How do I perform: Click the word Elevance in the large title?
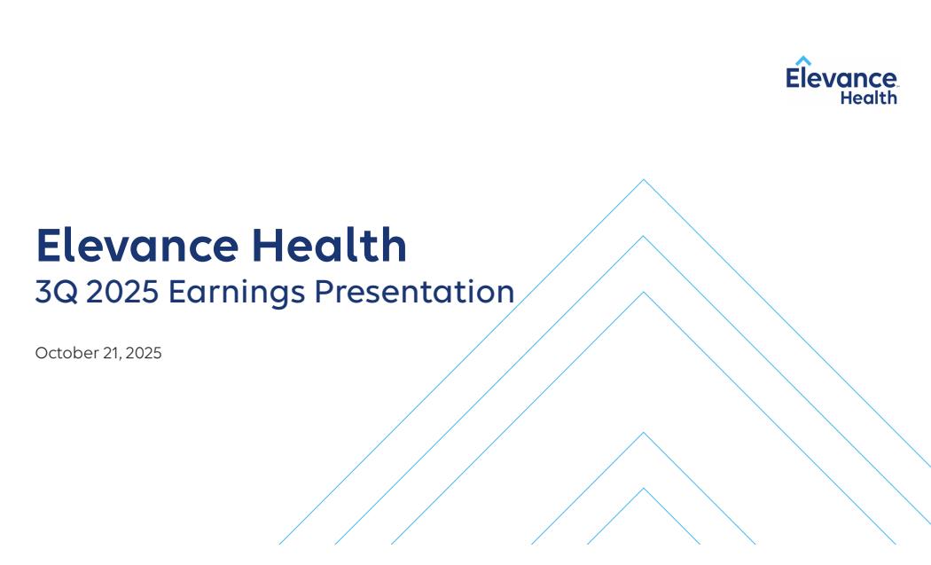pos(137,245)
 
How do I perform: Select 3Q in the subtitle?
pos(57,292)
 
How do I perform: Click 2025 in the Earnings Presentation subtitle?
pos(122,292)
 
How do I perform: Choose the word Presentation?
pos(414,292)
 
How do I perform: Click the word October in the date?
pos(66,353)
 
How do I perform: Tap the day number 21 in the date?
pos(112,353)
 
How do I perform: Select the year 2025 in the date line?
pos(144,353)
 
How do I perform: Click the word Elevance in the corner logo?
pos(841,78)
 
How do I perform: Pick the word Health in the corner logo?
pos(869,98)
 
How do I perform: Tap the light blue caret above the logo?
pos(803,60)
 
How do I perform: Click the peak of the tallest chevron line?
pos(644,179)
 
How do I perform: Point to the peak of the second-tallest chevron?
pos(644,237)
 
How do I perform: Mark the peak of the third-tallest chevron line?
pos(644,293)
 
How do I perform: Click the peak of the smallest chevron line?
pos(644,489)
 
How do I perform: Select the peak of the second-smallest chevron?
pos(644,433)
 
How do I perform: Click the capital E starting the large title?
pos(48,245)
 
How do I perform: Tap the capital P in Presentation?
pos(325,292)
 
